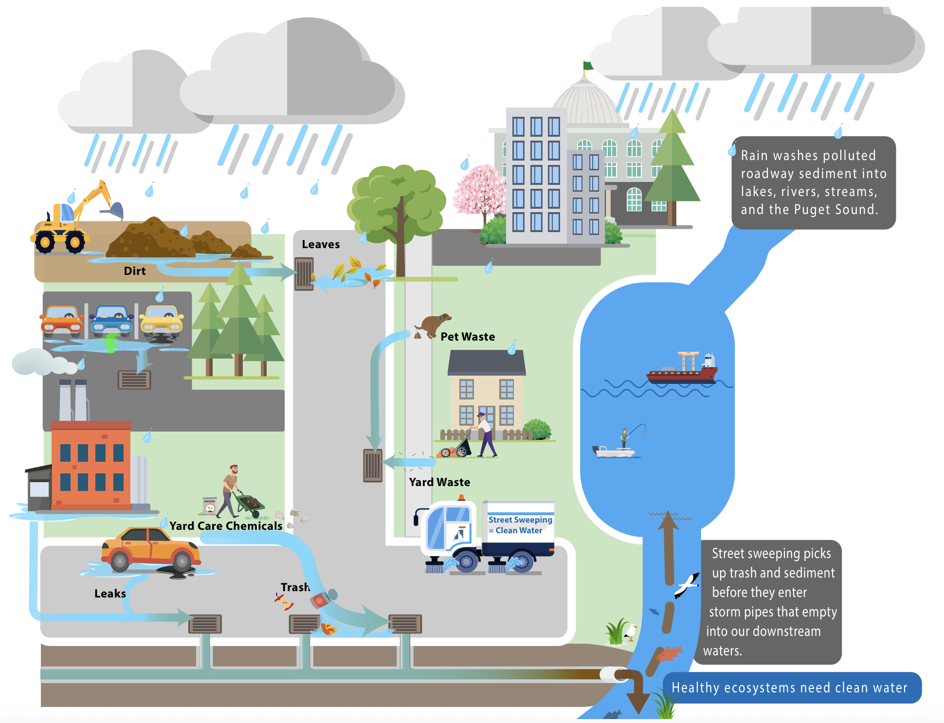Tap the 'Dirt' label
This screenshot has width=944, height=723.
pos(135,271)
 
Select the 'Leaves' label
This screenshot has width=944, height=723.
pos(321,244)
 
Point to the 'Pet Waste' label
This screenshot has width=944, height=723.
pos(468,337)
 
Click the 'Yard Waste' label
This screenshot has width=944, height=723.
pos(439,482)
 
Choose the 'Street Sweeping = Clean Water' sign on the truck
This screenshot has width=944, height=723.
pos(520,525)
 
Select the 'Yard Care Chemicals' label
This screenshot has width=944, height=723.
pos(226,526)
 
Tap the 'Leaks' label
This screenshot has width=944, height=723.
pos(110,594)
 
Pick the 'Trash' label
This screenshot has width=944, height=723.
pos(295,587)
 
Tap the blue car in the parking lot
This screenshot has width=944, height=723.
pos(112,320)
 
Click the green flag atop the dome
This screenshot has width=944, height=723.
pos(588,66)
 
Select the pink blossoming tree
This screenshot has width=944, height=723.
pos(479,192)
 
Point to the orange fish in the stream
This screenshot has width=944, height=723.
pos(669,653)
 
